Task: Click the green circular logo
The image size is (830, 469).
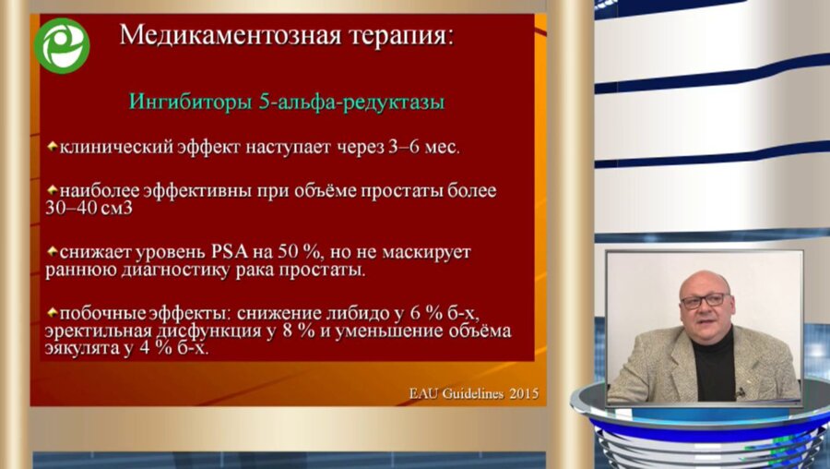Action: click(62, 45)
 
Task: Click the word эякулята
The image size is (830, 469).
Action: click(84, 349)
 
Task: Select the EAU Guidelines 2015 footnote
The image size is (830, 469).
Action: click(474, 394)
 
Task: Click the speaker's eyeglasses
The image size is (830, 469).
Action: click(705, 300)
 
